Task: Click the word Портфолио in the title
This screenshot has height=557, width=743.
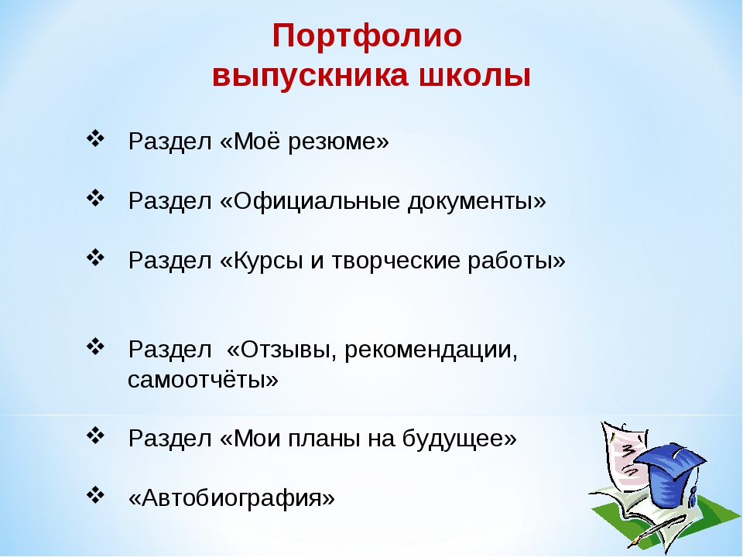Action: (367, 36)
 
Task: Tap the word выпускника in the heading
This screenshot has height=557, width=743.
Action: (310, 75)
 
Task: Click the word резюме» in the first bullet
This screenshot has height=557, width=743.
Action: (338, 141)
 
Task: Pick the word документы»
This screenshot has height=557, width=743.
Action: (478, 201)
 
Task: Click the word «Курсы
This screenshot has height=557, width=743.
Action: (262, 261)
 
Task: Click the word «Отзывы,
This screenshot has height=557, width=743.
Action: (282, 350)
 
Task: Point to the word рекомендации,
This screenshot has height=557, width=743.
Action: (431, 350)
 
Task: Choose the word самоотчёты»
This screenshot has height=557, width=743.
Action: (204, 379)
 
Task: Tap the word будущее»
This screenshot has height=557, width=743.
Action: (460, 439)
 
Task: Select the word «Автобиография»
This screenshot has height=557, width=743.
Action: (231, 497)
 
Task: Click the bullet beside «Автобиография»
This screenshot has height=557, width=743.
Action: (95, 495)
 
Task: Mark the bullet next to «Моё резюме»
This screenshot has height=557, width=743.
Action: (95, 138)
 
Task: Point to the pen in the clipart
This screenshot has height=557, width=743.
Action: (657, 531)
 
